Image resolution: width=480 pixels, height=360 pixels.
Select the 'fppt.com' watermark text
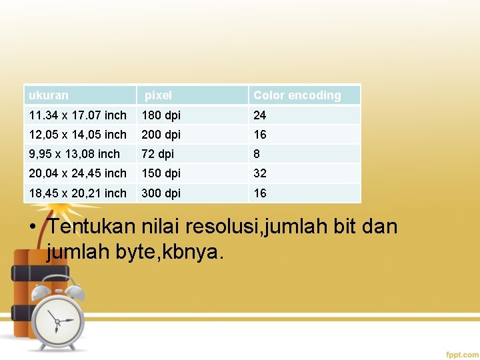(x=461, y=354)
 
